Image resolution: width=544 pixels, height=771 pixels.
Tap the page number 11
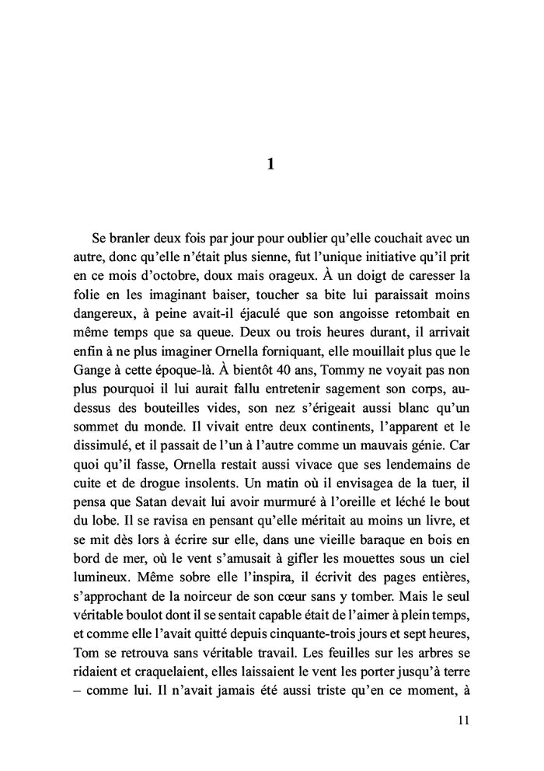[x=464, y=720]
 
